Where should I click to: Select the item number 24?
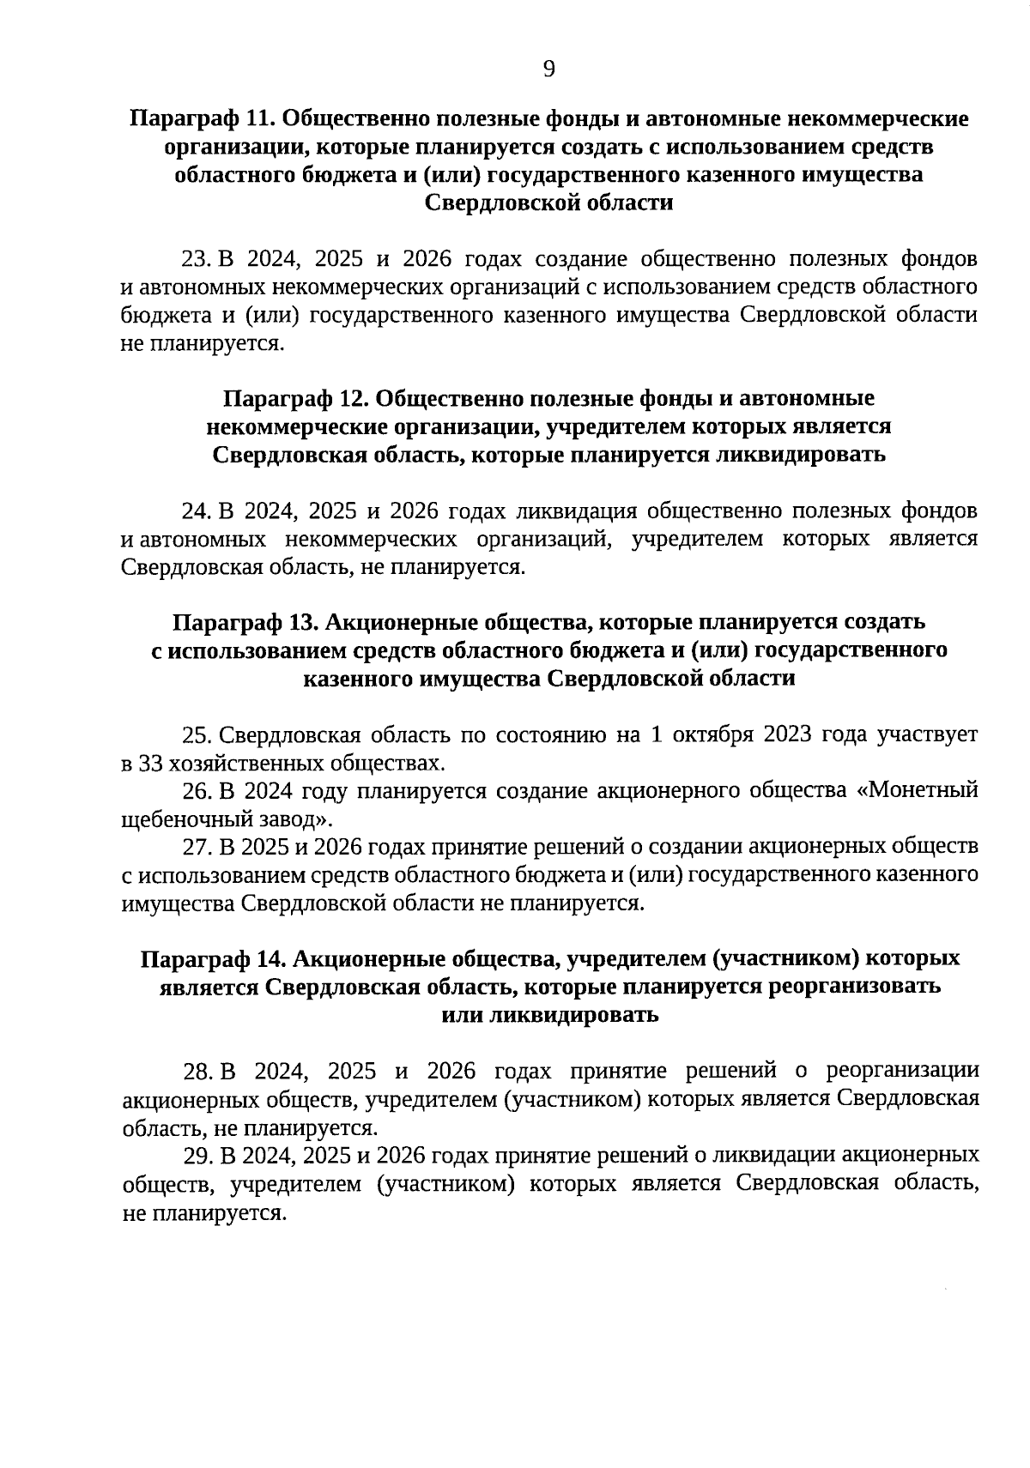click(x=196, y=511)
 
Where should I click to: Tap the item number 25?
click(x=197, y=735)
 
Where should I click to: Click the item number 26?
click(x=197, y=791)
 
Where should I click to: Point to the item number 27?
click(x=197, y=847)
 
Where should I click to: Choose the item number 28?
click(x=197, y=1072)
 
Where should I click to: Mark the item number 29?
click(x=197, y=1156)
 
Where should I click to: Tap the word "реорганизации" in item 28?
click(x=902, y=1072)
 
